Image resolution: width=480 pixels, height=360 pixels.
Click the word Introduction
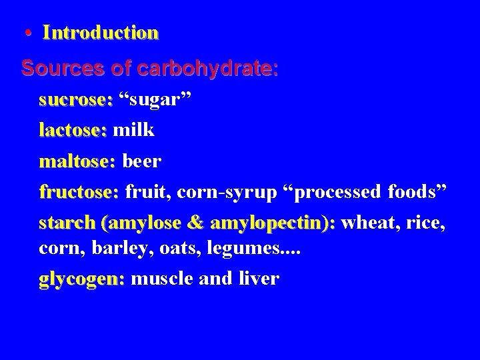[x=101, y=33]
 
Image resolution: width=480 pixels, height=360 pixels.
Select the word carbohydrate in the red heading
[x=221, y=69]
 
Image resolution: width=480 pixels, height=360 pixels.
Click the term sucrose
[x=75, y=100]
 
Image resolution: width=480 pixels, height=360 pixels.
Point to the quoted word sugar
[x=155, y=100]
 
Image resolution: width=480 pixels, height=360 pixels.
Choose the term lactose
[x=72, y=130]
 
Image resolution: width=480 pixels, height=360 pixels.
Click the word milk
[x=134, y=130]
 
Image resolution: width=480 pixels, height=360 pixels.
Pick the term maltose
[x=77, y=161]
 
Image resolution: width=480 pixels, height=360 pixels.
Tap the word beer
[x=141, y=161]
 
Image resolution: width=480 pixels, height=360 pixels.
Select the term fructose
[x=78, y=192]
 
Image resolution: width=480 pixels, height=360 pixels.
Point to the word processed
[x=333, y=193]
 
